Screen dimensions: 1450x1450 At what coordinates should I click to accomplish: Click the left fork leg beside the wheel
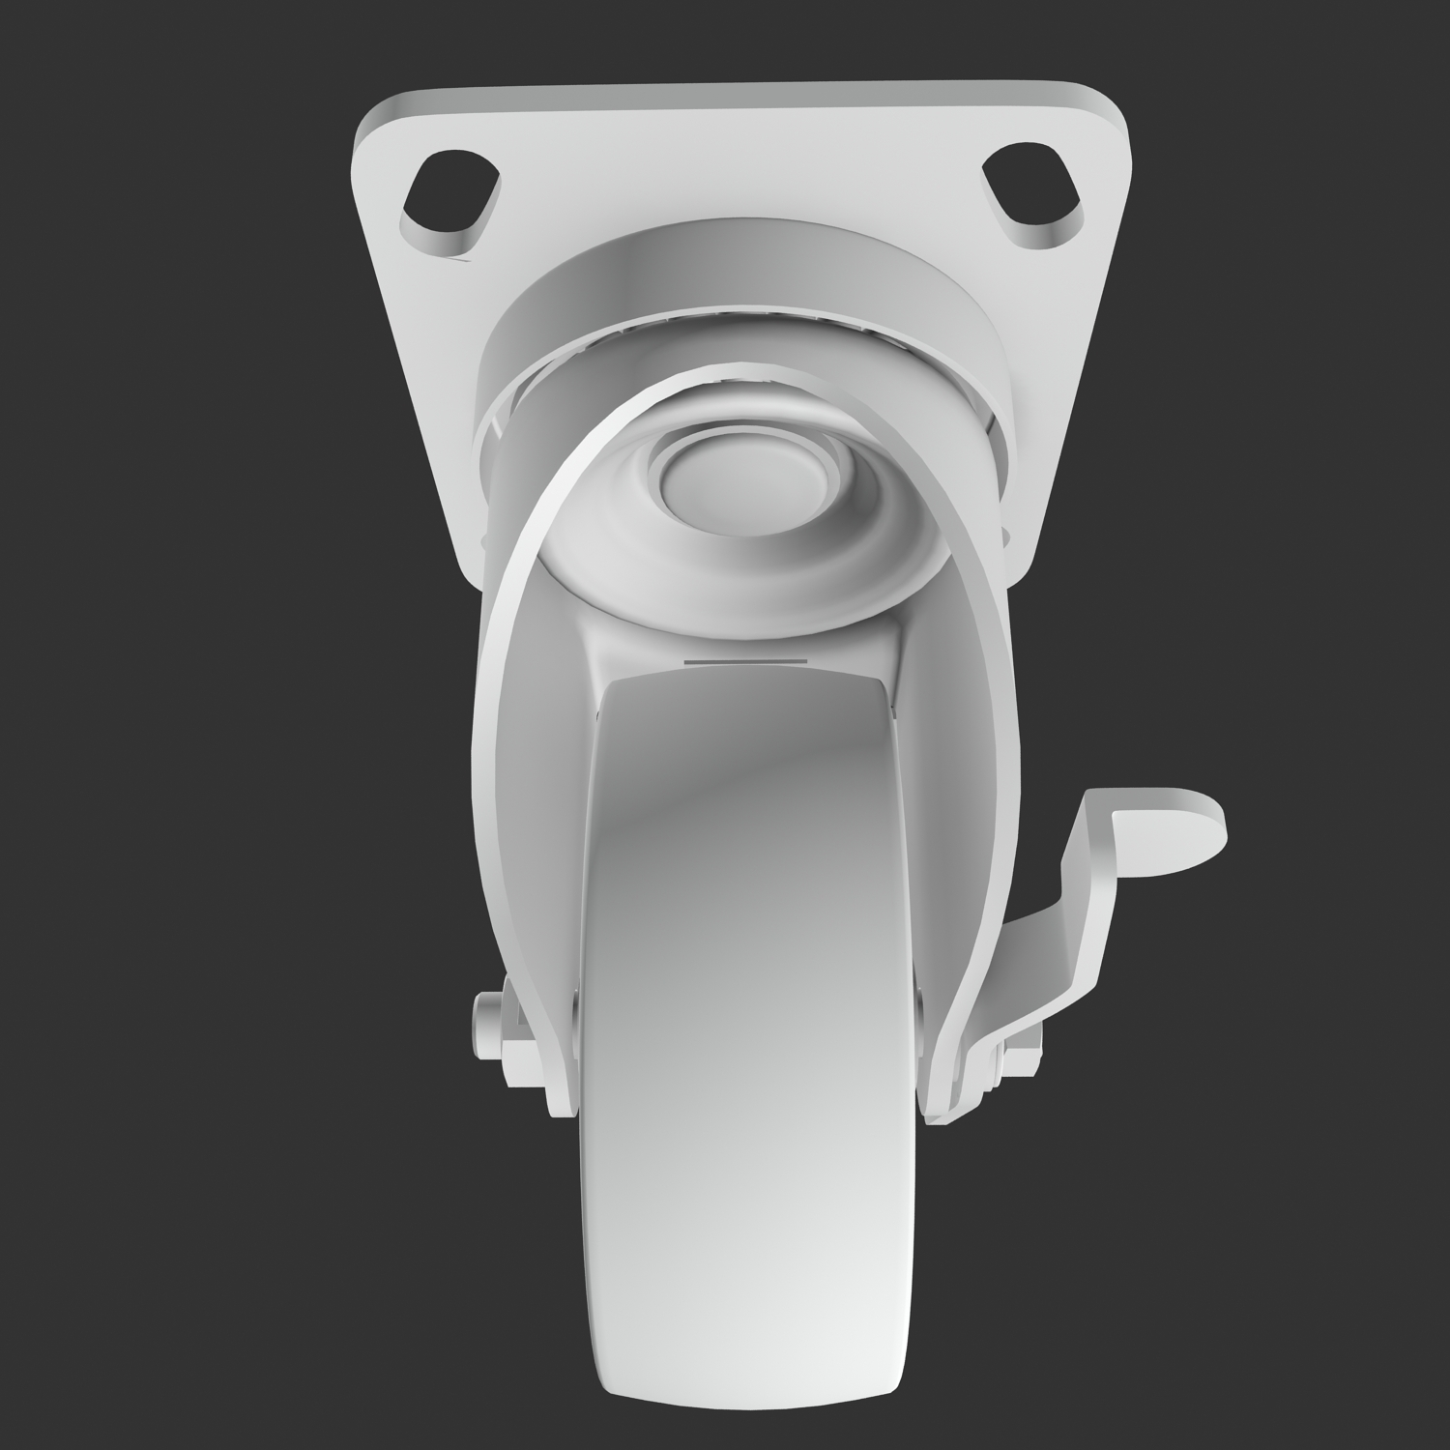coord(527,870)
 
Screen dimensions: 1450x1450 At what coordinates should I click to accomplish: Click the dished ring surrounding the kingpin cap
coord(628,541)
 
